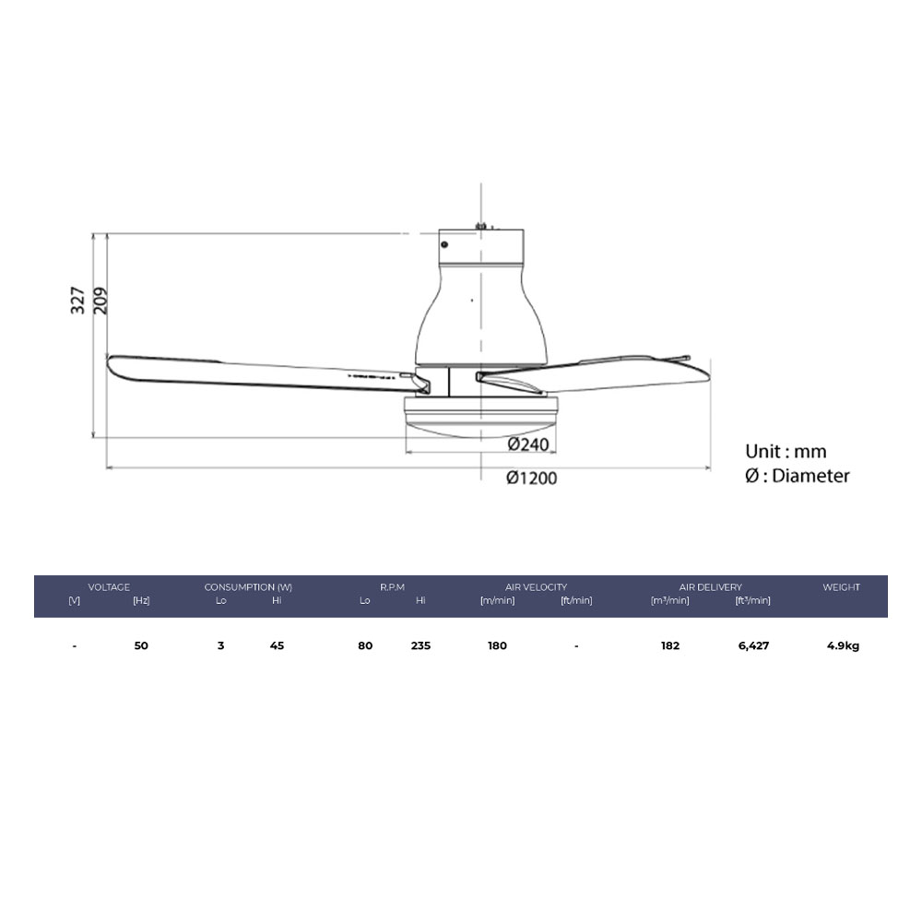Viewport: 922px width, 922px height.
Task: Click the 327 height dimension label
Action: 77,300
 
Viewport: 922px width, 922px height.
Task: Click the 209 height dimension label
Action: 100,300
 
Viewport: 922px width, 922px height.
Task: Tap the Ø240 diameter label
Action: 528,444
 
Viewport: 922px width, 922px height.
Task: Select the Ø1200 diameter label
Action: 532,478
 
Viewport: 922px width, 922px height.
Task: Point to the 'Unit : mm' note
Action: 786,451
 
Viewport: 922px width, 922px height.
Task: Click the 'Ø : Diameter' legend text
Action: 798,475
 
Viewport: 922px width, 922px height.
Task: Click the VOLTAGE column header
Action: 109,586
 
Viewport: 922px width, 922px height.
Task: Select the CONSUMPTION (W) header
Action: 248,586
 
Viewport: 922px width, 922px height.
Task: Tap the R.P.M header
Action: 392,586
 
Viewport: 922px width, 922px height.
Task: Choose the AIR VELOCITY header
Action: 536,586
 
